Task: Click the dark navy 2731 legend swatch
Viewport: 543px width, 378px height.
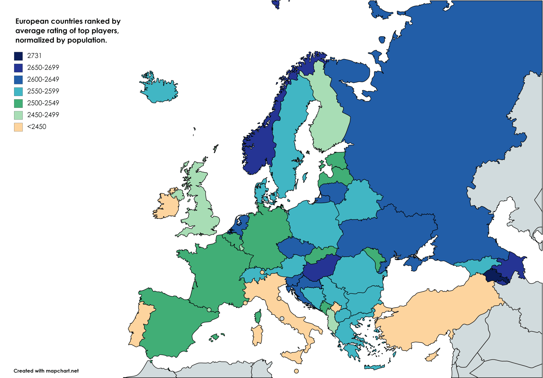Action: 18,56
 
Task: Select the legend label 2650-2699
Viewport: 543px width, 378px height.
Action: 43,68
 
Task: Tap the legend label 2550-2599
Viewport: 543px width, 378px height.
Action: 43,91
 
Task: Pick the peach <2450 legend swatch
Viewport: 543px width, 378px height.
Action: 18,127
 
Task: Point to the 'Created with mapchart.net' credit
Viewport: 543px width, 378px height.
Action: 46,371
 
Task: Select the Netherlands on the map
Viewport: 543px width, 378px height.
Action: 240,224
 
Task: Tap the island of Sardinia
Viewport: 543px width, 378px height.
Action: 257,335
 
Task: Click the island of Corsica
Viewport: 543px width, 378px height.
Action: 258,316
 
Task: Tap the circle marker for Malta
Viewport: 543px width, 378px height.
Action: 296,371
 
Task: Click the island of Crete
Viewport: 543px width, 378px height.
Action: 374,367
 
